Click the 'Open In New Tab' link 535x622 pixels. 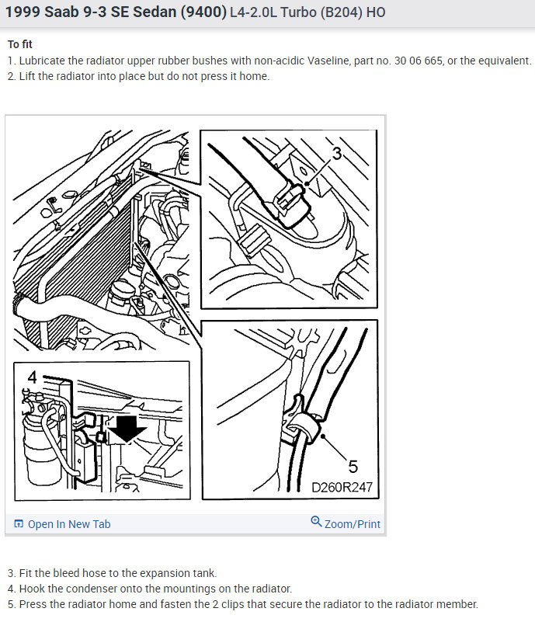coord(62,524)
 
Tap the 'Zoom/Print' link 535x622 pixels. coord(346,523)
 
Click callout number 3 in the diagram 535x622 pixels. coord(337,153)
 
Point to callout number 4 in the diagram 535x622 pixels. coord(33,377)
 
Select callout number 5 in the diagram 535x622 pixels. coord(353,466)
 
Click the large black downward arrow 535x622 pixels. coord(127,429)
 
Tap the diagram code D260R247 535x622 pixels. coord(342,487)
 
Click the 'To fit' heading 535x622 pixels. coord(20,44)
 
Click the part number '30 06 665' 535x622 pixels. coord(418,61)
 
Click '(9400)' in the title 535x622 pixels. coord(203,12)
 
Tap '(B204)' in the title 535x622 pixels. coord(341,12)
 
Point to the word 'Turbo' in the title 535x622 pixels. coord(299,12)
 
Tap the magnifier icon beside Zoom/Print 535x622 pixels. coord(316,521)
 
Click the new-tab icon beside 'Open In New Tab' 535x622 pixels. coord(19,523)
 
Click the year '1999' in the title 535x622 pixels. coord(23,12)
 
